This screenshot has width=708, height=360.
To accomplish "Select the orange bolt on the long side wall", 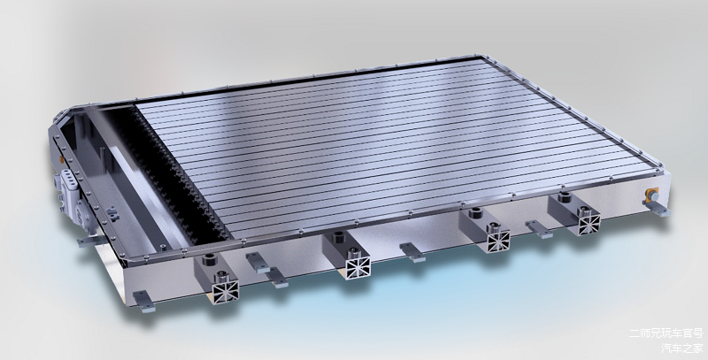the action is coord(652,195).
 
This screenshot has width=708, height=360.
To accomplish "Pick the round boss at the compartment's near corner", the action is coord(163,247).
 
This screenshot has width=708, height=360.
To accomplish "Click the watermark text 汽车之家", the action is coord(682,349).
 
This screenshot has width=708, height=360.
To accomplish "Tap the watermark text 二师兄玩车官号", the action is coord(666,333).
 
